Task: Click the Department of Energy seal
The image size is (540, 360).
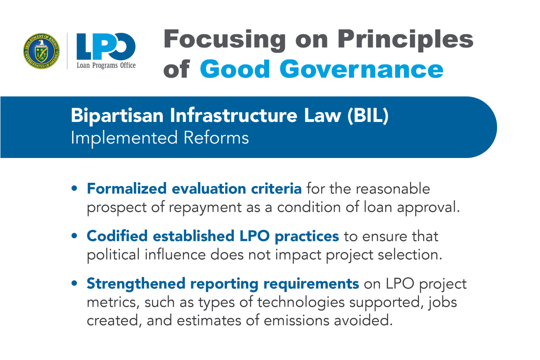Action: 41,51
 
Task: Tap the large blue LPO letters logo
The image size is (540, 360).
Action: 106,47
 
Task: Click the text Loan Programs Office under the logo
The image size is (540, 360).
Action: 106,66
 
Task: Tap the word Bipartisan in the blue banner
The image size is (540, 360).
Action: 117,116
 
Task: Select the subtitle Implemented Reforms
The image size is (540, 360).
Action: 160,138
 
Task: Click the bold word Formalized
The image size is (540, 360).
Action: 126,188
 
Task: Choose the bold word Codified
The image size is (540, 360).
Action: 117,236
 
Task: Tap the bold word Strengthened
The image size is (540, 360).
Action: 136,283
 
